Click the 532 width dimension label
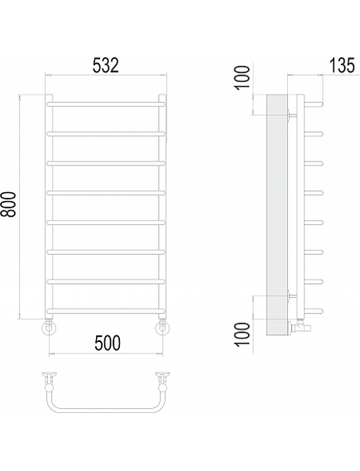[106, 65]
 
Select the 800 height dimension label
[8, 204]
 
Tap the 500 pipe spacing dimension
[108, 343]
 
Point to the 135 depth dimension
[342, 65]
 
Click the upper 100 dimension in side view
[242, 78]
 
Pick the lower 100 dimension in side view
[242, 335]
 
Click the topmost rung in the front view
[106, 104]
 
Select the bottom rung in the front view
[106, 310]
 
